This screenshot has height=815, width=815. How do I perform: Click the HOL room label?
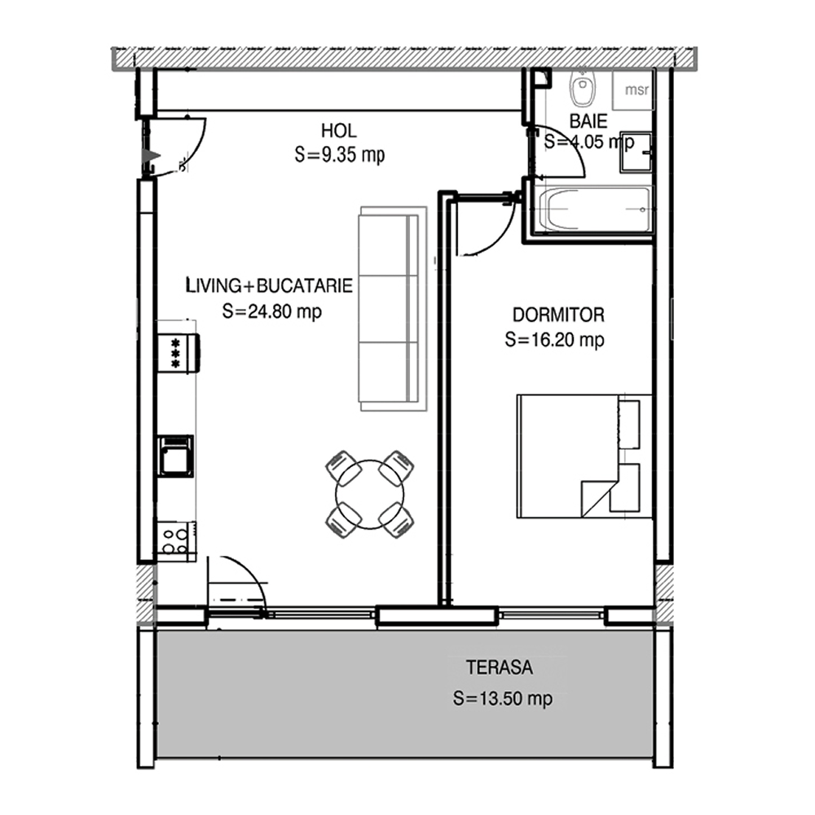pos(339,130)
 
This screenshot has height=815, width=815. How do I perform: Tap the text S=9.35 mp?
pos(339,155)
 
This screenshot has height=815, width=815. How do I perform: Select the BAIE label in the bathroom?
pos(588,121)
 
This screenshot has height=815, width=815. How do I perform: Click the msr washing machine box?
pos(632,90)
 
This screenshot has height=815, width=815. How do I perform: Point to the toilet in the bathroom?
pos(582,86)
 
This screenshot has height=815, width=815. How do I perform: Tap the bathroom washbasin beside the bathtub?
pos(635,152)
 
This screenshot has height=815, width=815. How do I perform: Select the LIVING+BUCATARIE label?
pos(269,285)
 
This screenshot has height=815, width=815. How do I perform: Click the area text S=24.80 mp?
pos(272,311)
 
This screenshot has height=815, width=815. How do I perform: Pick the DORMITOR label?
pos(558,315)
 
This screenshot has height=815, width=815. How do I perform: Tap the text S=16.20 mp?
pos(554,340)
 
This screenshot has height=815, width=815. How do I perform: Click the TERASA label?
pos(499,667)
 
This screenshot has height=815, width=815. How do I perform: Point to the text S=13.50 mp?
pos(503,698)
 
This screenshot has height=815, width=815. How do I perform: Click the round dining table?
pos(369,495)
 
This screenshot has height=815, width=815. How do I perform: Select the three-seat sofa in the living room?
pos(393,309)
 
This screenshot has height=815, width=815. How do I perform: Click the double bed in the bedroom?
pos(584,456)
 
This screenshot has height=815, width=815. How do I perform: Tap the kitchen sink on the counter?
pos(176,456)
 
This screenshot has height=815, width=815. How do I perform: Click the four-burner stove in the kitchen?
pos(176,540)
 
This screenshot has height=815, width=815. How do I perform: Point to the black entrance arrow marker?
pos(152,156)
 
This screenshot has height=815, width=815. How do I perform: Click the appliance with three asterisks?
pos(178,353)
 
